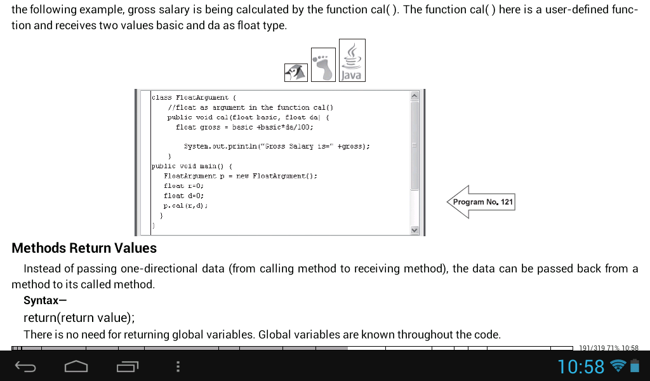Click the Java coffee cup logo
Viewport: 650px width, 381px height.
coord(352,60)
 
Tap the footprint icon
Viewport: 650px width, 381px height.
coord(323,65)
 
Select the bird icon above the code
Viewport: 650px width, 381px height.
coord(296,72)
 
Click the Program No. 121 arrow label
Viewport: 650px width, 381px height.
coord(481,202)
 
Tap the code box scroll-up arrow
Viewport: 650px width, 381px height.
coord(414,96)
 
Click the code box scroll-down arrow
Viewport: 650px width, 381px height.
coord(414,230)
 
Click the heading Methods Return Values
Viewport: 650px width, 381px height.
coord(84,248)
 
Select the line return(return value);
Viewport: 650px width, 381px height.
coord(79,317)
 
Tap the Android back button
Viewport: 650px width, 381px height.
coord(25,366)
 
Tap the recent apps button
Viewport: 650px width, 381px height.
coord(127,366)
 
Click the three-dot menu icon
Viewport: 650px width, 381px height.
coord(178,366)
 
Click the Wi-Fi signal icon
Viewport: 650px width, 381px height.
coord(618,366)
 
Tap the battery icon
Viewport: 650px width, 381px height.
coord(635,366)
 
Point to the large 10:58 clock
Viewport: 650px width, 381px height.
coord(581,366)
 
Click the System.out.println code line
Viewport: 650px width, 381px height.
coord(277,146)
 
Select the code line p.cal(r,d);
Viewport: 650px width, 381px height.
coord(185,206)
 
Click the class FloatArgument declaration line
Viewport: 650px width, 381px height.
coord(194,97)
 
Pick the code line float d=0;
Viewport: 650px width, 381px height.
coord(183,196)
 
